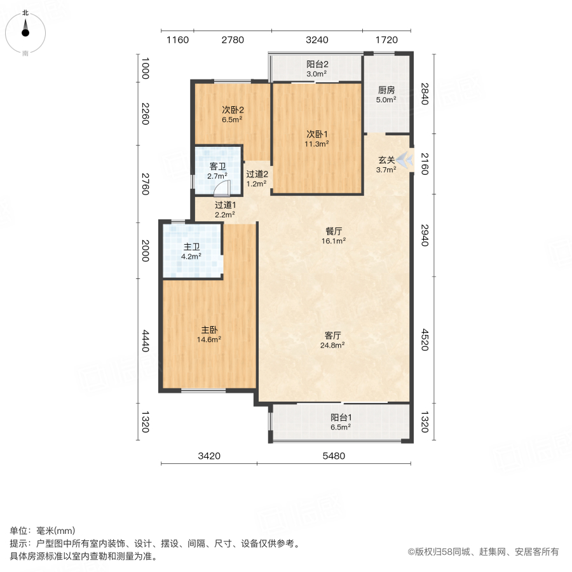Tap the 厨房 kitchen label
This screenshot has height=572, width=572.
[386, 90]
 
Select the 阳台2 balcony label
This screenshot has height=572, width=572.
[317, 64]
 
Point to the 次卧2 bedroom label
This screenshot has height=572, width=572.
[233, 110]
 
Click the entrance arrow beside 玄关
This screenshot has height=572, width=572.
[406, 159]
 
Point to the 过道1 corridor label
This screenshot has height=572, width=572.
[225, 205]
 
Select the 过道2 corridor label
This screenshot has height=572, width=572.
[257, 174]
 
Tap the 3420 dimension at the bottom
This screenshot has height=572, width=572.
[209, 455]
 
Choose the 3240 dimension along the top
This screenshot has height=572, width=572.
[317, 40]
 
